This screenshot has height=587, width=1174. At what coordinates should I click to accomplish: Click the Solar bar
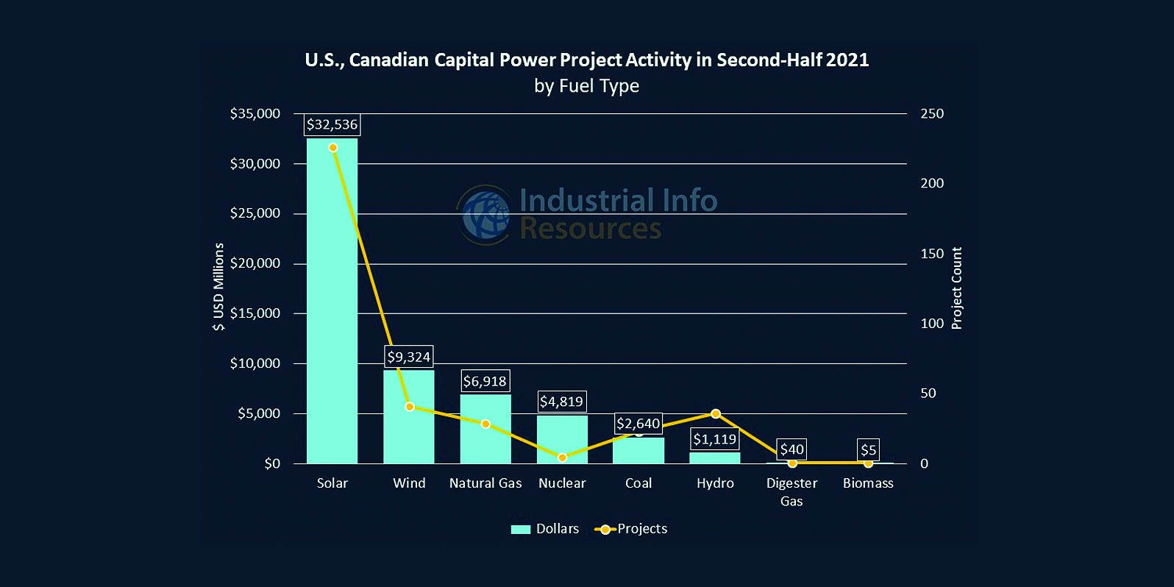point(332,302)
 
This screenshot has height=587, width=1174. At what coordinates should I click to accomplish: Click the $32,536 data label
point(332,124)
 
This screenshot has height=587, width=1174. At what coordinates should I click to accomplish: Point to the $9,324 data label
point(409,357)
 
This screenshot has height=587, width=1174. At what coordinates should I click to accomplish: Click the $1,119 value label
point(714,439)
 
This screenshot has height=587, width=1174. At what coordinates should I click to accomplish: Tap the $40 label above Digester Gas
point(792,449)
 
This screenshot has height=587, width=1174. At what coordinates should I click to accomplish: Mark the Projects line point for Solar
point(333,148)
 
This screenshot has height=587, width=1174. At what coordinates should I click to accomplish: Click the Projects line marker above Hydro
point(716,414)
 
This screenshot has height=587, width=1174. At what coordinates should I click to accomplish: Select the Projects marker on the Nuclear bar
point(562,458)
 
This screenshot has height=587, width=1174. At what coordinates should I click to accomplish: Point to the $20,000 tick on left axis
point(255,263)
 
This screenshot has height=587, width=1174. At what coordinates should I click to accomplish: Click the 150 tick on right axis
point(932,254)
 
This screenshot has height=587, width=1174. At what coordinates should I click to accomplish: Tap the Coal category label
point(638,483)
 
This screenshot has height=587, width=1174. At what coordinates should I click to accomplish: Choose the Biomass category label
point(868,483)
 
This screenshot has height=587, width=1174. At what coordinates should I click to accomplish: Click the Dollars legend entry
point(545,529)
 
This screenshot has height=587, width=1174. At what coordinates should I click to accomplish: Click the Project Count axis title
point(956,288)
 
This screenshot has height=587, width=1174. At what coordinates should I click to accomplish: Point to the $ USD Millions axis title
point(218,287)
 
